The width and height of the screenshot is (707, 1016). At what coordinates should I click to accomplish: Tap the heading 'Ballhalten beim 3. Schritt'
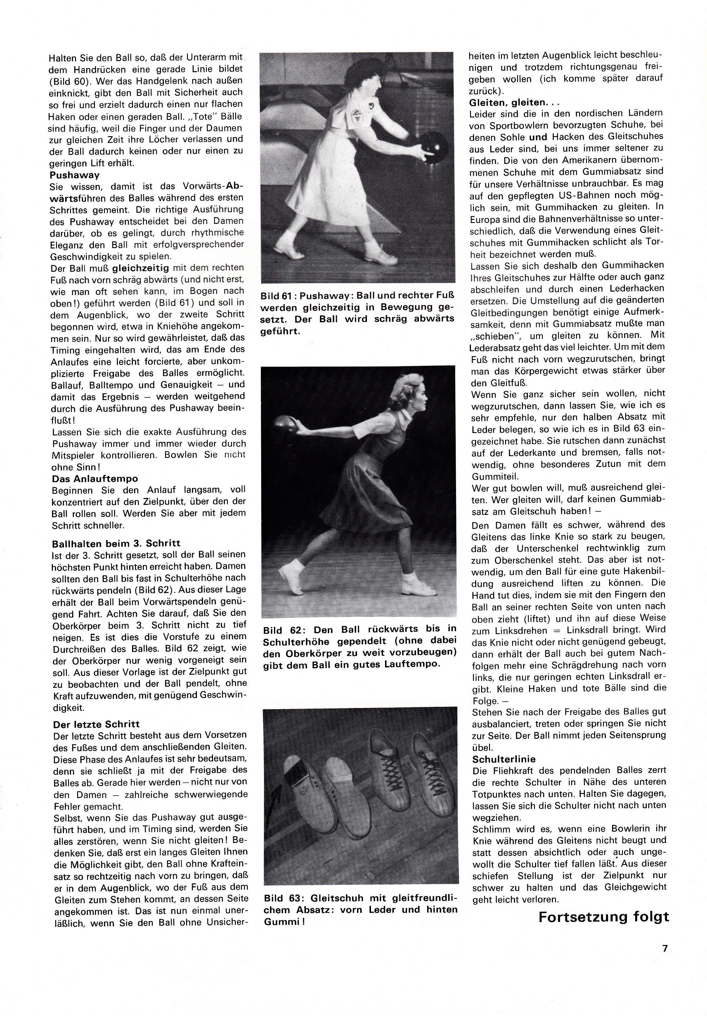pyautogui.click(x=116, y=544)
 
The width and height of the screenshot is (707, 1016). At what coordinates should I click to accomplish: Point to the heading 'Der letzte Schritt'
pyautogui.click(x=96, y=724)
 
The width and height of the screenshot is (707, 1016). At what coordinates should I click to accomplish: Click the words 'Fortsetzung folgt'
pyautogui.click(x=604, y=916)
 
